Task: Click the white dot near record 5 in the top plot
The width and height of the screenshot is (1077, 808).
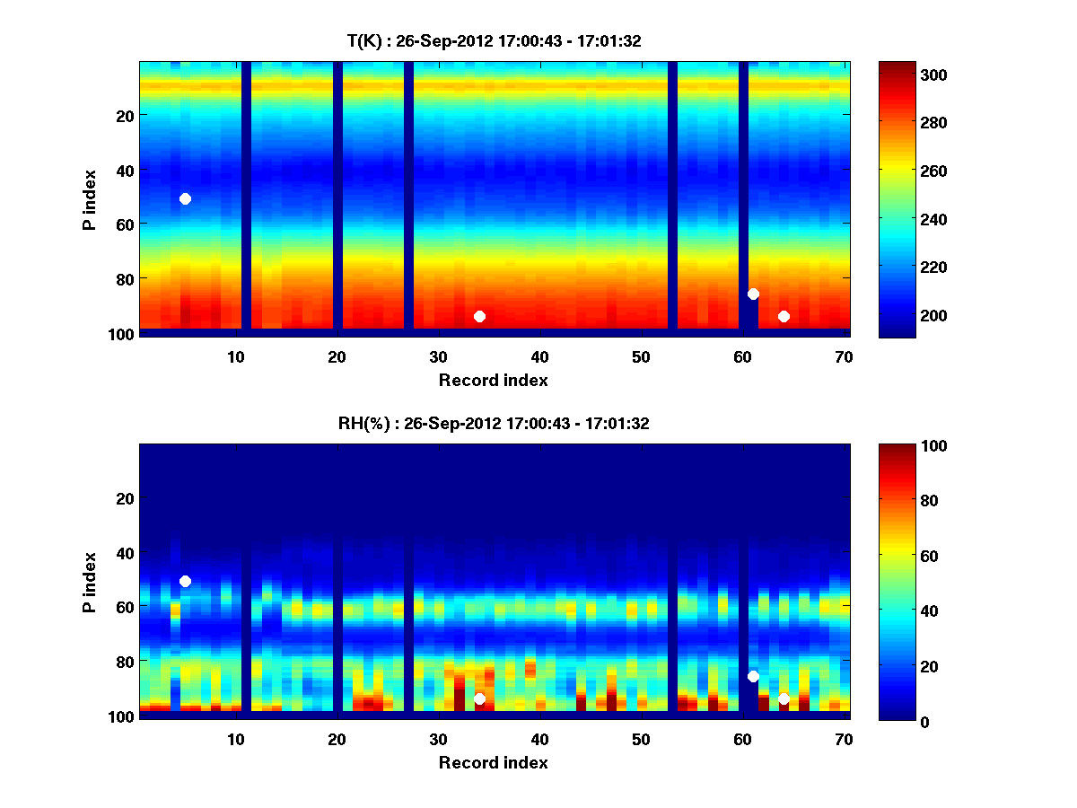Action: [x=185, y=198]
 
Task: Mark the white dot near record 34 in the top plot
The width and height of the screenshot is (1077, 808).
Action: [x=479, y=316]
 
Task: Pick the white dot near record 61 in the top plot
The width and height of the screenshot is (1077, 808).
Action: [x=753, y=294]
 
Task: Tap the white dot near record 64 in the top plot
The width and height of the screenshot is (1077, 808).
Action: [x=784, y=316]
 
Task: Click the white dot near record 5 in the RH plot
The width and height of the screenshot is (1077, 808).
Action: [x=185, y=581]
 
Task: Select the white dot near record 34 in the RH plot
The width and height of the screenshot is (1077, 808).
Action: [x=479, y=698]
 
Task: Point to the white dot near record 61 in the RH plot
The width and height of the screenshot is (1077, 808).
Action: [x=753, y=676]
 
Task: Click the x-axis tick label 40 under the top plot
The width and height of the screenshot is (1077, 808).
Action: [x=539, y=356]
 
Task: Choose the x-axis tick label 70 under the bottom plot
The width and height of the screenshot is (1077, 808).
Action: [x=844, y=739]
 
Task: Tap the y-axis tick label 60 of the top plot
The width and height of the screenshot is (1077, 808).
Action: [x=124, y=224]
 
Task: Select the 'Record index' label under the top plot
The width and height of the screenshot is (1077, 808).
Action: [x=493, y=380]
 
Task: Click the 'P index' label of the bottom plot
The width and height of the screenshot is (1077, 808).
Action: [x=90, y=582]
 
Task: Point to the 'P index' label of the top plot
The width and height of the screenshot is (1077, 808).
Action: [x=90, y=199]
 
